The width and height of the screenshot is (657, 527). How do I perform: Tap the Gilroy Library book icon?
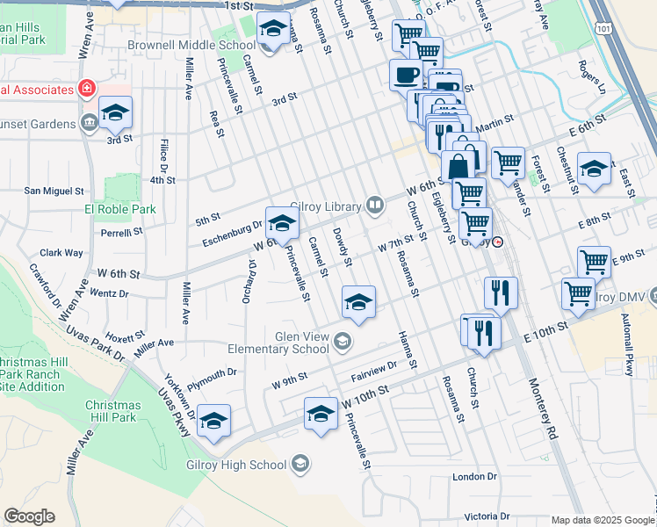pos(375,206)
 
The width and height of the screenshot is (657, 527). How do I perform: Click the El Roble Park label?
pos(119,209)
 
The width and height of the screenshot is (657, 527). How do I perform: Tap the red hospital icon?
pos(86,89)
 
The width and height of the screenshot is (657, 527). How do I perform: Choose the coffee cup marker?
pos(406,76)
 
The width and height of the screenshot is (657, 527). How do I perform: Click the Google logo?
pos(29,516)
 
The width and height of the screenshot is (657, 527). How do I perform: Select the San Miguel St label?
pos(54,190)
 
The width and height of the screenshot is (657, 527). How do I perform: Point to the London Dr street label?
pos(474,477)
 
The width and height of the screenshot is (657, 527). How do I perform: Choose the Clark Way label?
pos(61,253)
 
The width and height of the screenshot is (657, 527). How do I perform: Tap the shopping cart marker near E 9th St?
pos(594,261)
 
